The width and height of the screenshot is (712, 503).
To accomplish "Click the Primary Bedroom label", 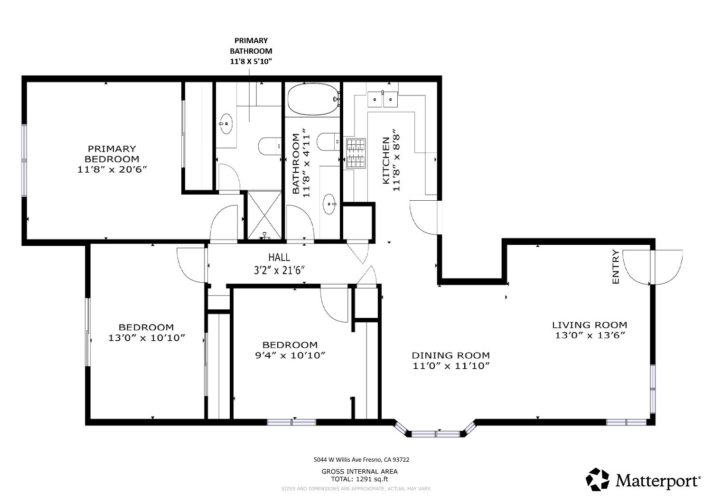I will tap(112, 154).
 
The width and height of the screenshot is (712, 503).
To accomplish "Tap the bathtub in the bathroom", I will tap(312, 99).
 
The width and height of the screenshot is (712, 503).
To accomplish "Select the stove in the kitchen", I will tap(356, 153).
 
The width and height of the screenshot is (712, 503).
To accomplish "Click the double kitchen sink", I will tap(383, 99).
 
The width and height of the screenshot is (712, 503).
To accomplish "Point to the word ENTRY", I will tap(616, 267).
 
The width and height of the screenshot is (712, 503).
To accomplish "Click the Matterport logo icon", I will tap(597, 479).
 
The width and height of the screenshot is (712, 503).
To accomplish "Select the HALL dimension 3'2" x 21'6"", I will tap(279, 270).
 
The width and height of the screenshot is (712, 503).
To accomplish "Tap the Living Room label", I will tap(590, 325).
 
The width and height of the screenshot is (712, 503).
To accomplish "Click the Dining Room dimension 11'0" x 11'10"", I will tap(450, 366).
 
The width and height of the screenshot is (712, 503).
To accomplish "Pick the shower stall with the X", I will tap(264, 215).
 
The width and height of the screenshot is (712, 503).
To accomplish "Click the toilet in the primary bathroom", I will tap(270, 146).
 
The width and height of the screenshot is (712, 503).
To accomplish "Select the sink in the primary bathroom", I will tap(226, 124).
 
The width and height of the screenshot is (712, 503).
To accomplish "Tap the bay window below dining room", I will tap(435, 433).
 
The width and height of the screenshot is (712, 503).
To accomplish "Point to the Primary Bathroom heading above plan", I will tap(251, 51).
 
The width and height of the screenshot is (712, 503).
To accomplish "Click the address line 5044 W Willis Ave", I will tap(361, 459).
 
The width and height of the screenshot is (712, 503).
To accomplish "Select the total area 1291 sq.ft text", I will tap(359, 479).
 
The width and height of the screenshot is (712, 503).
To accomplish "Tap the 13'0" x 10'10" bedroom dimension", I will tap(146, 338).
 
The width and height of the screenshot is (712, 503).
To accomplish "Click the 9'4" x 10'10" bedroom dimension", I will tap(290, 355).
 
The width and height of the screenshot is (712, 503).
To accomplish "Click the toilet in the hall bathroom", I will tap(328, 141).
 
